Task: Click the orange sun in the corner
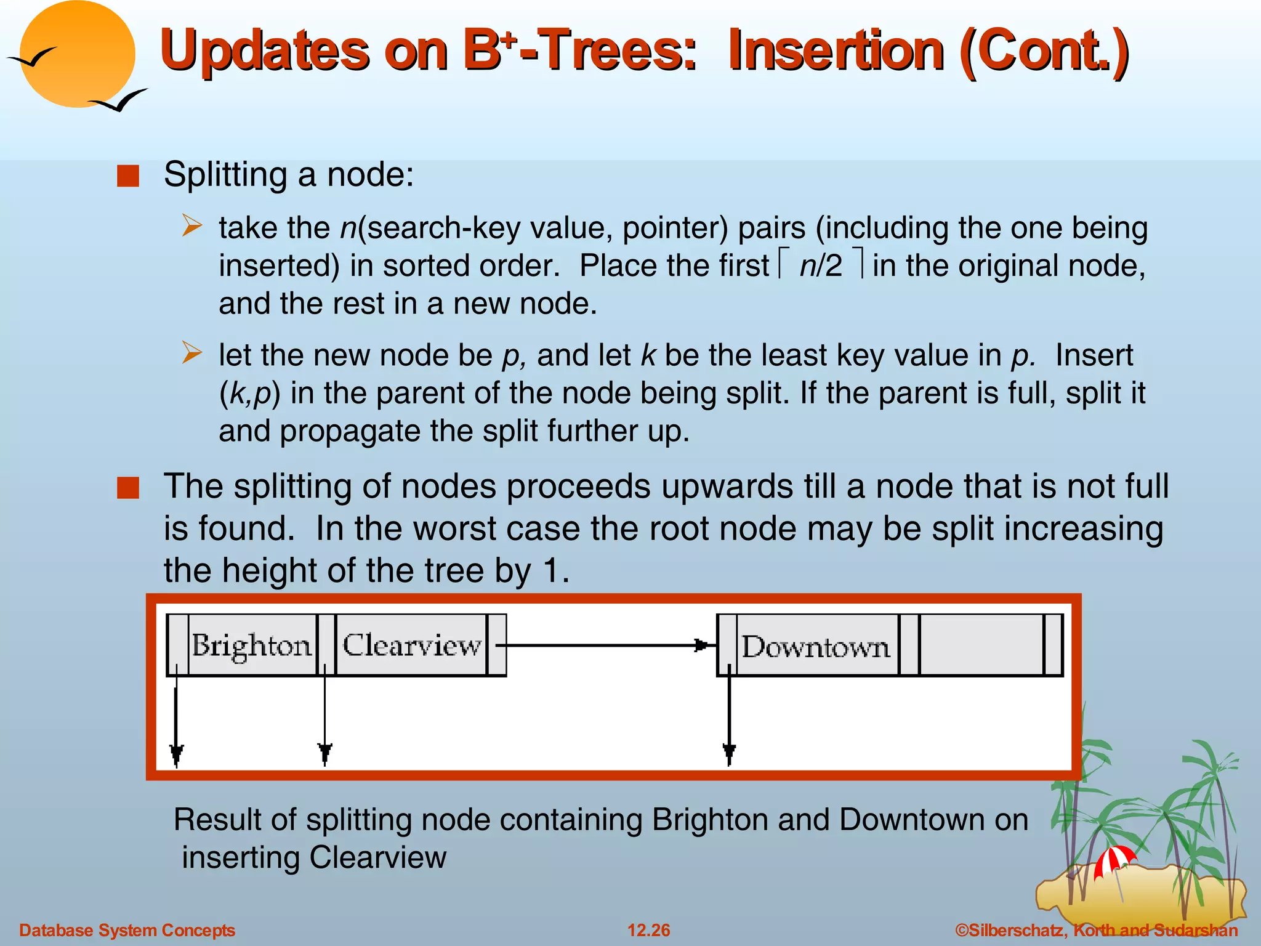coord(77,54)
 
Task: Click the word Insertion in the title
coord(836,51)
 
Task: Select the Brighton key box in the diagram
coord(252,645)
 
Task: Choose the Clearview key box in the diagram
coord(411,645)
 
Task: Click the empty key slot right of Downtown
coord(981,645)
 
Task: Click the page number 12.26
coord(648,930)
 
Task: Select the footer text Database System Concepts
coord(127,930)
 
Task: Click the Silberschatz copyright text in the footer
coord(1096,930)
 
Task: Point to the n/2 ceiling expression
coord(820,266)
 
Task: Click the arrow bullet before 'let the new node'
coord(191,354)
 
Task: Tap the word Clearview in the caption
coord(377,857)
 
